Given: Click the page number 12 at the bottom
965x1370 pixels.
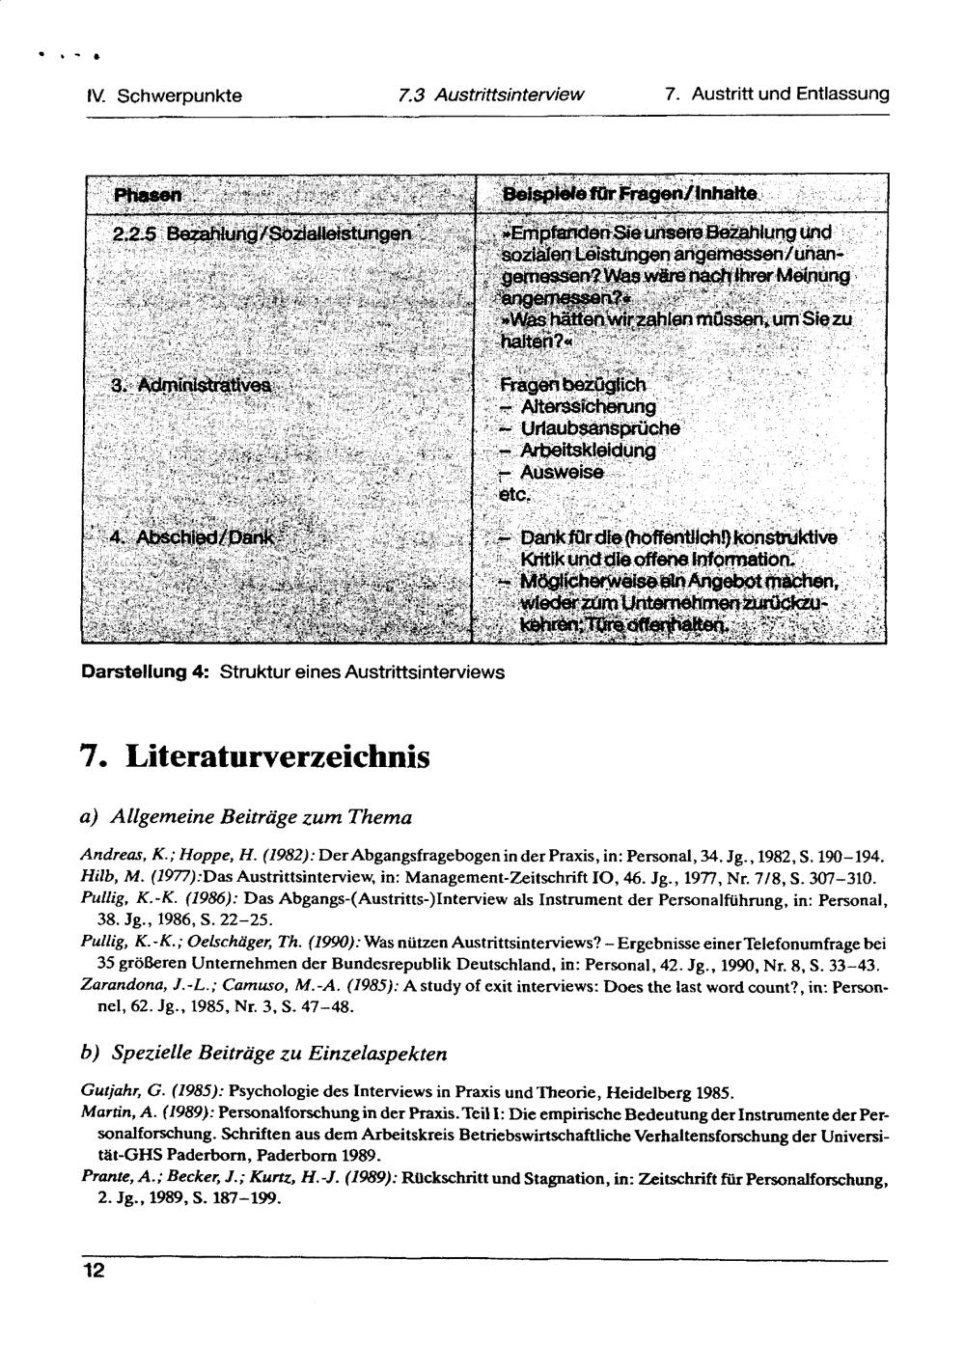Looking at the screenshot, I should click(x=93, y=1271).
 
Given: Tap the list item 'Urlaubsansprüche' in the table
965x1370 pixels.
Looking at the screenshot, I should click(x=599, y=428).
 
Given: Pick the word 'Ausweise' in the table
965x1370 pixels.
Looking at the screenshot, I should click(x=563, y=473).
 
